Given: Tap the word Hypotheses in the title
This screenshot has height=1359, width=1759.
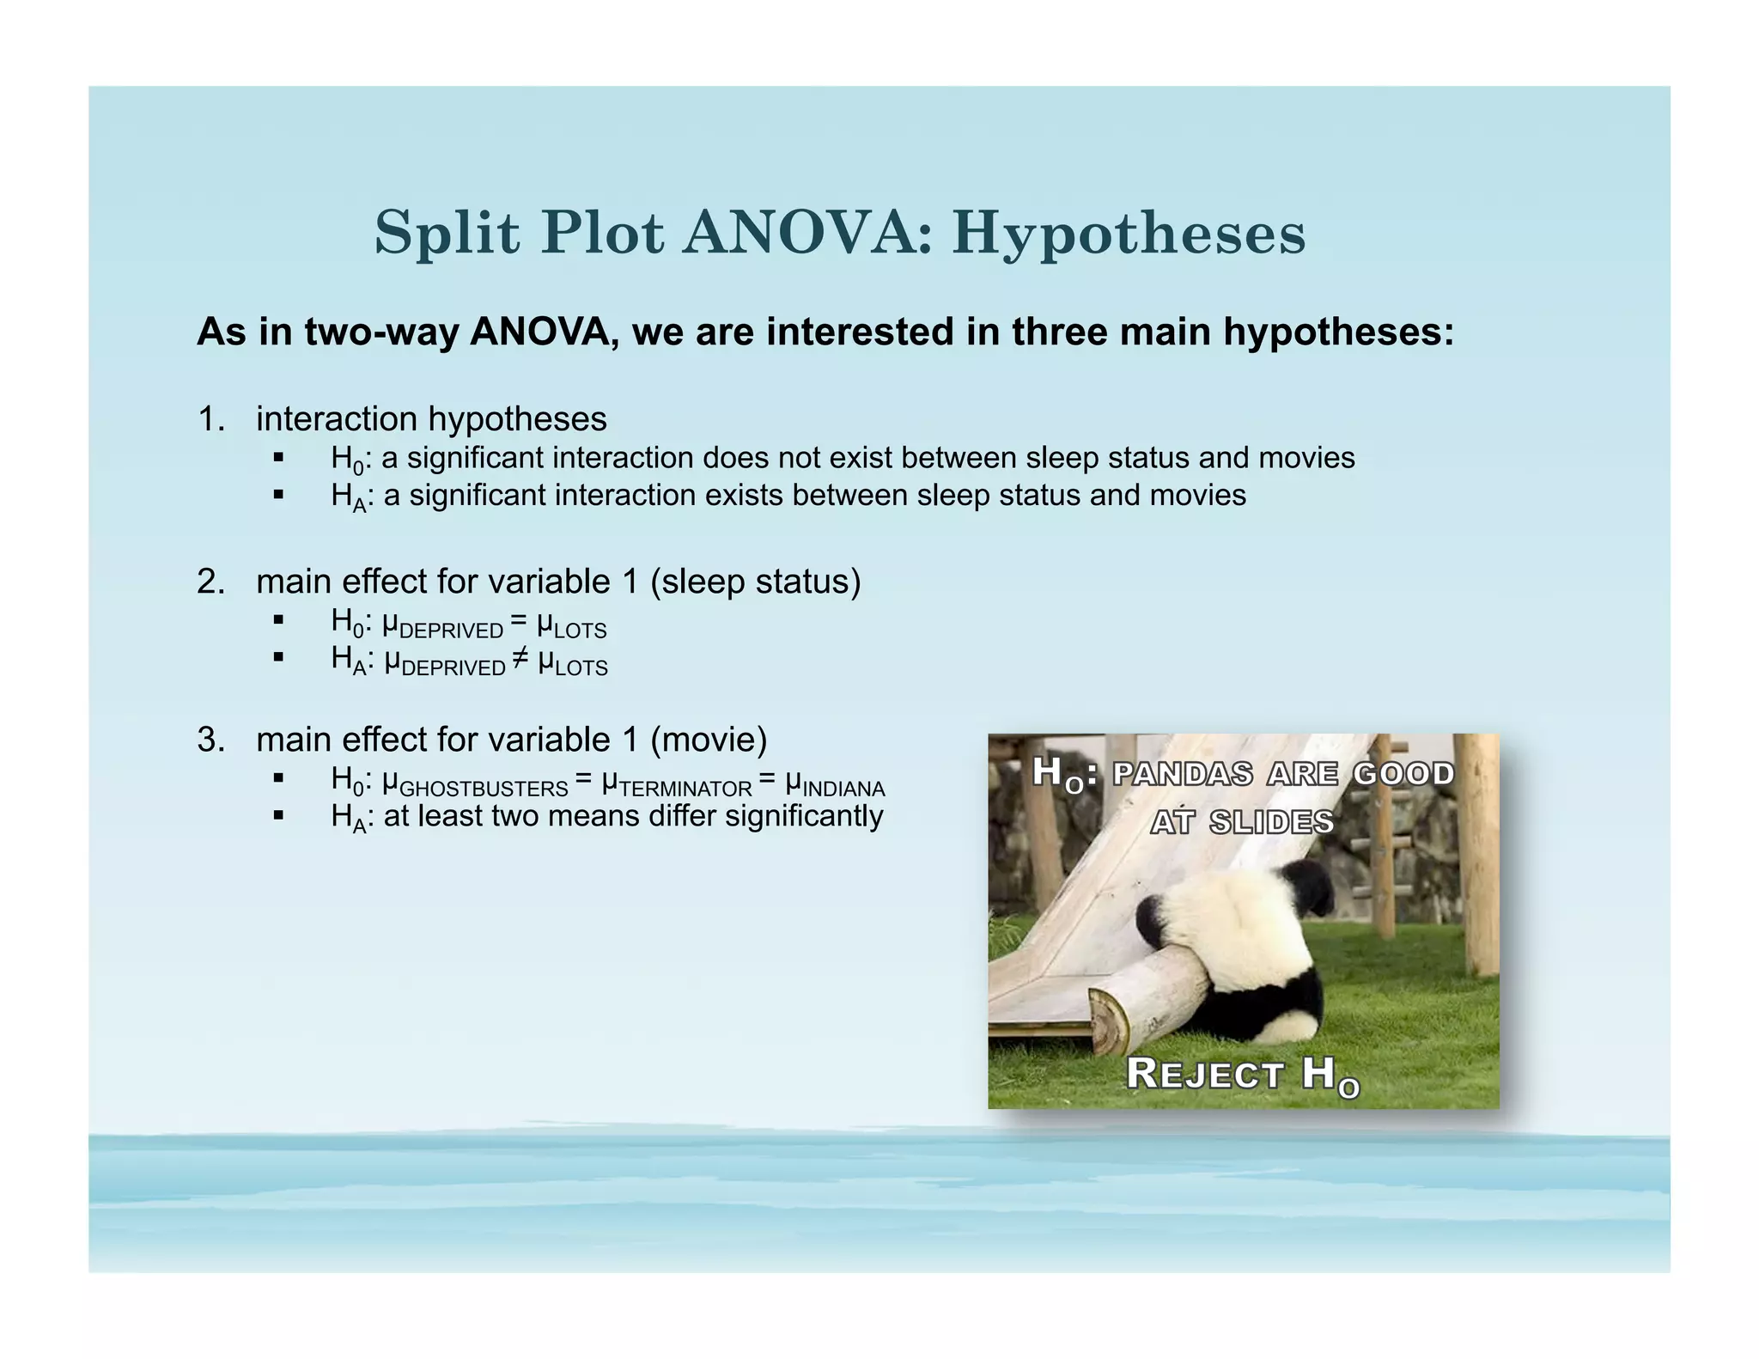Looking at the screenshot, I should [1129, 235].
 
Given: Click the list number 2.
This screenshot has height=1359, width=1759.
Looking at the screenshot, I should [210, 582].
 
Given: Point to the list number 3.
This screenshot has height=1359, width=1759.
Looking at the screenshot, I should [210, 740].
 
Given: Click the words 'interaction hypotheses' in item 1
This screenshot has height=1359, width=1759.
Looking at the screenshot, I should [431, 419].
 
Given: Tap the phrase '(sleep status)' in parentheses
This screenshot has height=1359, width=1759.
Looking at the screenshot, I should [756, 582].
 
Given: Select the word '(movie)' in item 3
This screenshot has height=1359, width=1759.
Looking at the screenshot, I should [709, 740].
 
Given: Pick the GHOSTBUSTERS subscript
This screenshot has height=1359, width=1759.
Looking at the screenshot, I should [484, 789].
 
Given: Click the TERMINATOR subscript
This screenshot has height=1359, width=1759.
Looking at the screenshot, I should [685, 789].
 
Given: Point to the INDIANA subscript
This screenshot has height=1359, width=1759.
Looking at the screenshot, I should [843, 789].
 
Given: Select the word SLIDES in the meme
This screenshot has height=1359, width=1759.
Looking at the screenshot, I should [1270, 823].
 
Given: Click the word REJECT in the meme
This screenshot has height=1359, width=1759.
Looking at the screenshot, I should [1204, 1074].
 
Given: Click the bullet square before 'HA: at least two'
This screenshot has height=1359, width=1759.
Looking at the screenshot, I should [277, 815].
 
